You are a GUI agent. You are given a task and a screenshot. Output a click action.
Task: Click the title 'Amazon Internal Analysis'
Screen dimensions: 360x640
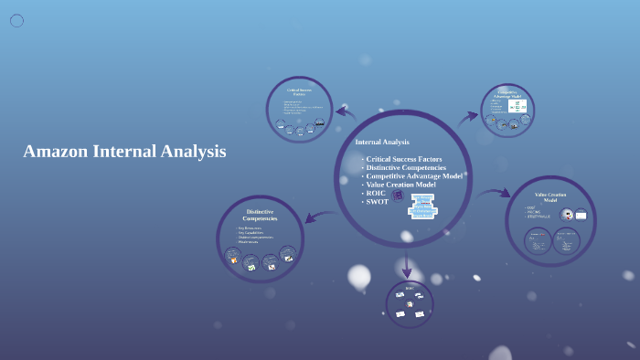[x=124, y=152]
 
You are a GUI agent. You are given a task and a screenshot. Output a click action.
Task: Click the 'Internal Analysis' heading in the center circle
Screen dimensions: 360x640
[x=382, y=143]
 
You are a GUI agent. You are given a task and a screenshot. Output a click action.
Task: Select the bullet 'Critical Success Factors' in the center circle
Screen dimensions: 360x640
[x=403, y=159]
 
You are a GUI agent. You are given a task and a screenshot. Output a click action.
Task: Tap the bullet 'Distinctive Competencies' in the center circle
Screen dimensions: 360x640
[x=405, y=167]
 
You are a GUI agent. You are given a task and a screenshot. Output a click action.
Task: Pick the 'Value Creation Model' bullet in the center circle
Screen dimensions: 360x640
[x=400, y=185]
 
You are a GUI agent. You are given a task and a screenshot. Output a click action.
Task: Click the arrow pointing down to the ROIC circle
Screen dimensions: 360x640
[x=407, y=266]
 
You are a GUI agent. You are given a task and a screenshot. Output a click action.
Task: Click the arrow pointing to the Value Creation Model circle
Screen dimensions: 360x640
[x=494, y=193]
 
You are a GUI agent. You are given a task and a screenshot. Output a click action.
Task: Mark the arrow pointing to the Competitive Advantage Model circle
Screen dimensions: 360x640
[x=468, y=116]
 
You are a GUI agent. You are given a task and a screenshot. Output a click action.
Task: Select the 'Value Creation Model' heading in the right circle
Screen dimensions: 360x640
[x=550, y=196]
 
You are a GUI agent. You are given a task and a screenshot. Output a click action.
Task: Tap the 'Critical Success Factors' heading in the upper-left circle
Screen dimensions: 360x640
[x=299, y=92]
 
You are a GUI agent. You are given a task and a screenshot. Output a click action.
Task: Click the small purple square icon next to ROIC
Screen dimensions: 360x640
[x=398, y=195]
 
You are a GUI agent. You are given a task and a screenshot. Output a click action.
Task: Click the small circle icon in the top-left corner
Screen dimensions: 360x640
[x=16, y=20]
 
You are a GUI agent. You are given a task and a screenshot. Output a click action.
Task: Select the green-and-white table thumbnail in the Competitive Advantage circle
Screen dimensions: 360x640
[x=517, y=107]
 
